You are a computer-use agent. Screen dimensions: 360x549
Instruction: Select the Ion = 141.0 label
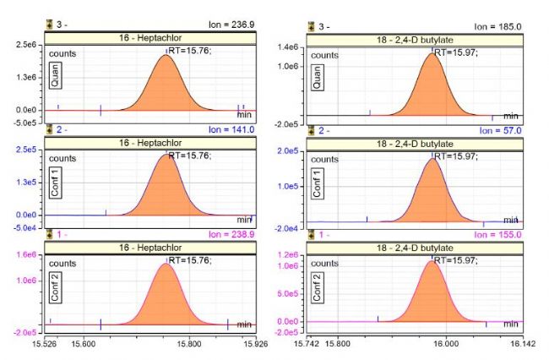[x=231, y=130]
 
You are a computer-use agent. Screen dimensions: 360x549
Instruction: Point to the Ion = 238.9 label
[x=231, y=235]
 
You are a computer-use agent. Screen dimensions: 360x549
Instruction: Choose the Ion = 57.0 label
[x=502, y=130]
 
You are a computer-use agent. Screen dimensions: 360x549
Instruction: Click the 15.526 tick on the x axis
[x=45, y=345]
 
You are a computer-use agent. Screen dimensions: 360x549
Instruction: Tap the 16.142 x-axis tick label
[x=523, y=345]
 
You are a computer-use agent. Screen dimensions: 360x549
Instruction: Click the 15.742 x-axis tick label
[x=307, y=345]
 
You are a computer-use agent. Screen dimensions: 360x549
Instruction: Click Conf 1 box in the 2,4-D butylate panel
[x=318, y=183]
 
